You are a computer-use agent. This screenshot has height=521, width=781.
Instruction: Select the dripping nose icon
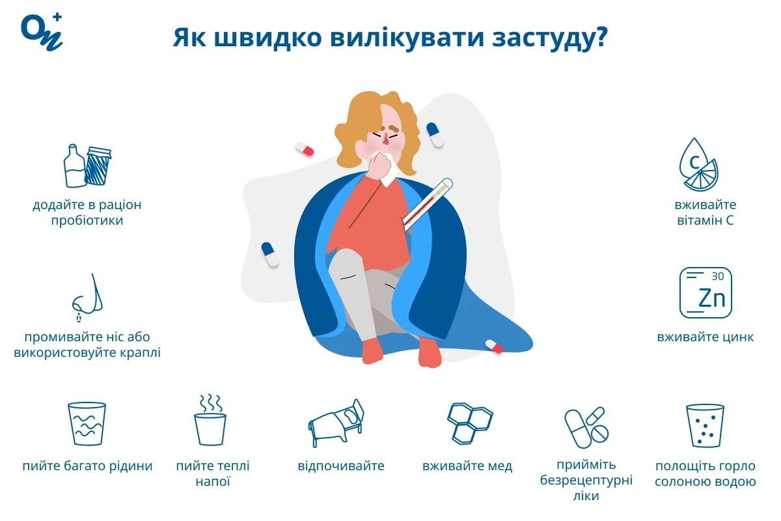(87, 297)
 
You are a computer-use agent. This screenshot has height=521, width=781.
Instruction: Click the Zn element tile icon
(706, 293)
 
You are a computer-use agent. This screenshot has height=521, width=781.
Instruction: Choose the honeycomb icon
(469, 422)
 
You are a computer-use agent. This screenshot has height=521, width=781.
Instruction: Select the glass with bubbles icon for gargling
(705, 425)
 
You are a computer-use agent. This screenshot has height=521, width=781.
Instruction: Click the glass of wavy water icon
(87, 423)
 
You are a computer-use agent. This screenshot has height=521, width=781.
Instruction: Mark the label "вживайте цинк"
(706, 337)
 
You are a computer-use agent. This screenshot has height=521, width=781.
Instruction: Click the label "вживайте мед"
(467, 466)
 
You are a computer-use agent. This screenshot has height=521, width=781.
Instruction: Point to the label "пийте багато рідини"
(87, 466)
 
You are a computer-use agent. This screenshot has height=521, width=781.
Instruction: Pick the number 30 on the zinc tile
(717, 276)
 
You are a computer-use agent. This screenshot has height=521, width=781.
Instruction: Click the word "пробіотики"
(87, 221)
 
